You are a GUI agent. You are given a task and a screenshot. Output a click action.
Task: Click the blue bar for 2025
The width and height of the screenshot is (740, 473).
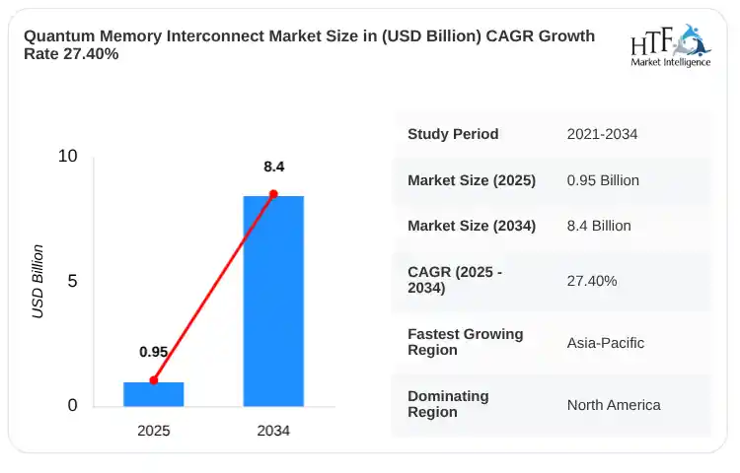click(x=153, y=394)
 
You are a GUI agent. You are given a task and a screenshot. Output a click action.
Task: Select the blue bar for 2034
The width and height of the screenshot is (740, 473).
click(x=273, y=301)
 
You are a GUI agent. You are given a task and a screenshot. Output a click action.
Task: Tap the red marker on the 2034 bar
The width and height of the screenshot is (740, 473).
click(x=273, y=194)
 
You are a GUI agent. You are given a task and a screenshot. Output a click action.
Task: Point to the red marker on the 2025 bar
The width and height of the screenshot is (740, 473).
click(x=153, y=380)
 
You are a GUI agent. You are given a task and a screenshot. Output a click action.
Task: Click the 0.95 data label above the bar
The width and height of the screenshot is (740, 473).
click(x=153, y=352)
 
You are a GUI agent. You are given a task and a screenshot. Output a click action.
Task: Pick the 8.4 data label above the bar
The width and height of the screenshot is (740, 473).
click(x=273, y=167)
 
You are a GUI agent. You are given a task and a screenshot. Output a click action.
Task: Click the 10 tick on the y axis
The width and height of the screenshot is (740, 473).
click(x=67, y=156)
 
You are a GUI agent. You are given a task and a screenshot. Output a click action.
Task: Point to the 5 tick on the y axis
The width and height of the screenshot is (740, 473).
click(x=72, y=281)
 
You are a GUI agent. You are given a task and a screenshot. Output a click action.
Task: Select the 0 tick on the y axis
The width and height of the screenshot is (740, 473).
click(x=72, y=405)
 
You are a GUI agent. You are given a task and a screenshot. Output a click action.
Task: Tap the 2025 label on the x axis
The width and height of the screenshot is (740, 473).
click(x=153, y=431)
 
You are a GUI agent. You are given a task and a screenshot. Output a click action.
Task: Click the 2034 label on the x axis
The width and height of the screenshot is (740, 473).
click(x=273, y=431)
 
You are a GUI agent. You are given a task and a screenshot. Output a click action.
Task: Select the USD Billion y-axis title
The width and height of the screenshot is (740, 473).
click(x=37, y=282)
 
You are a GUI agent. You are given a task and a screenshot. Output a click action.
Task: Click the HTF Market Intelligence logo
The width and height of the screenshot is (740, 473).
click(x=671, y=45)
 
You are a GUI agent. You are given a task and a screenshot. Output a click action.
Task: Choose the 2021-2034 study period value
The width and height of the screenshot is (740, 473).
click(x=602, y=134)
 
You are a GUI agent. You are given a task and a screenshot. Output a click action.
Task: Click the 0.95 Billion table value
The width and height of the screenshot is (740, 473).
click(x=603, y=180)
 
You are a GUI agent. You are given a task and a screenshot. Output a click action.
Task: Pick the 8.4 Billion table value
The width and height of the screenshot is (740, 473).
click(x=599, y=226)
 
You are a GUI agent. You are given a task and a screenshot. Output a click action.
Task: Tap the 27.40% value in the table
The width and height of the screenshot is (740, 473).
click(x=592, y=281)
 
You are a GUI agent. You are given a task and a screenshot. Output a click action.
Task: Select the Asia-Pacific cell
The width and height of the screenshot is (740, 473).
click(x=606, y=343)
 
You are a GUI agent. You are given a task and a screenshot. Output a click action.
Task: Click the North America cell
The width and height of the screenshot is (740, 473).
click(x=614, y=405)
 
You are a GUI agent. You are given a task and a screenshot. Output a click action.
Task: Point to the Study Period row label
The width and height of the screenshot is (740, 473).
click(x=453, y=134)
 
